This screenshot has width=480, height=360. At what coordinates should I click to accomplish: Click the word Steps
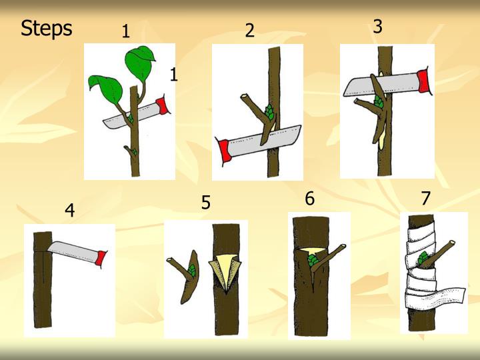(46, 29)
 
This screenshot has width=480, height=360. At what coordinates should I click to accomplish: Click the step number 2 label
(249, 31)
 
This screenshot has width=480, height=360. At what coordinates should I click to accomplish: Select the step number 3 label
(377, 27)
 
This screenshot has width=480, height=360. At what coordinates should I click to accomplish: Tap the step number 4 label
(69, 211)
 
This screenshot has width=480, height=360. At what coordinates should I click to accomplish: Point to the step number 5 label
(206, 203)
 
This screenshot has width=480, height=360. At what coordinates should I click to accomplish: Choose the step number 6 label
(309, 199)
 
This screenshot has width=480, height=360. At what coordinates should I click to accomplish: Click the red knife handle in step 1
(161, 106)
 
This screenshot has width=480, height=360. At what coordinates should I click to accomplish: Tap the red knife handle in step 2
(225, 150)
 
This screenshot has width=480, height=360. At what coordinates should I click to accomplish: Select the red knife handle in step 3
(424, 81)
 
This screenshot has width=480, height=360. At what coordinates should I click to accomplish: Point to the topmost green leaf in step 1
(141, 63)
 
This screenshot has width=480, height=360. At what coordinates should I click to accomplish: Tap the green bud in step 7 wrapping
(423, 259)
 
